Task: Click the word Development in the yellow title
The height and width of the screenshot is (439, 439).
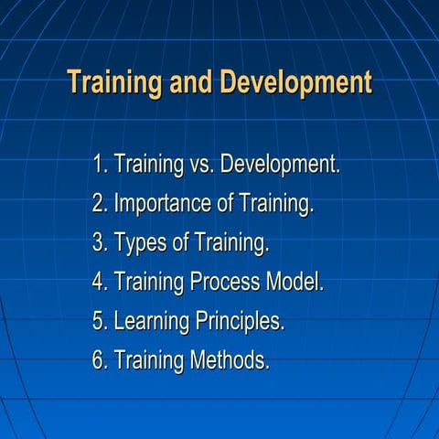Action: point(295,82)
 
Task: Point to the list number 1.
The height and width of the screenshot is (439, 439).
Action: point(100,166)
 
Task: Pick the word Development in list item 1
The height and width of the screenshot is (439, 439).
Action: point(280,166)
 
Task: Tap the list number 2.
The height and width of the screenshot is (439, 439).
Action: point(100,205)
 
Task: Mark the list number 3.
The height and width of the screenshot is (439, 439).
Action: point(100,244)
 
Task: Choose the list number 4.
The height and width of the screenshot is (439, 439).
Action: point(100,283)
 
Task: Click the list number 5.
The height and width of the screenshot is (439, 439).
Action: point(100,322)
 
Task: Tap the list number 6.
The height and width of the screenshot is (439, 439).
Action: point(100,360)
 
